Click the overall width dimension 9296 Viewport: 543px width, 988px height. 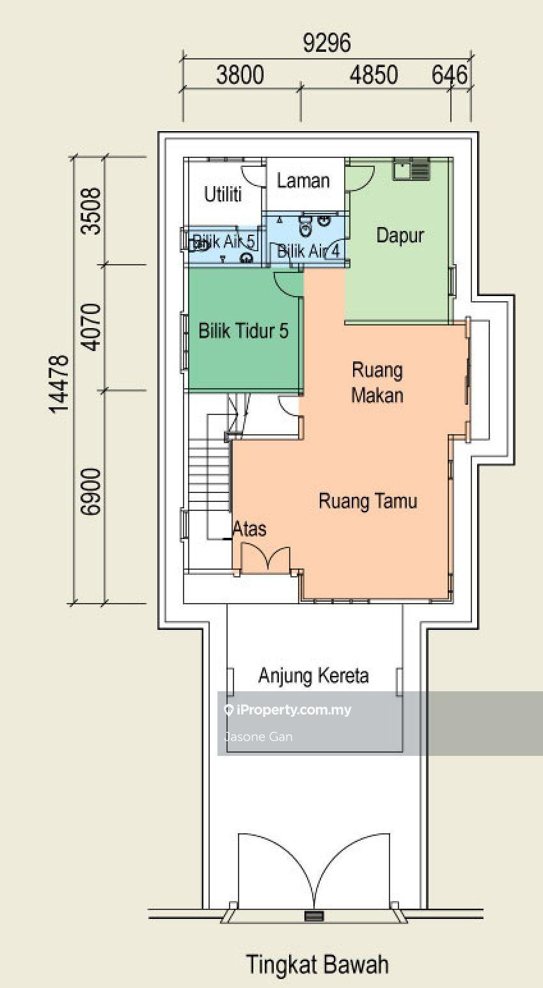coord(327,43)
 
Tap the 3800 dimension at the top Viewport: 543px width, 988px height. coord(240,75)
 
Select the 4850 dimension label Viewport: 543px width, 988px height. coord(374,75)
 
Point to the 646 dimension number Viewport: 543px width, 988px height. coord(450,75)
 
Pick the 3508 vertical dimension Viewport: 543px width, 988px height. coord(93,210)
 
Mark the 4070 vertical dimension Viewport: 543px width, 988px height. coord(93,327)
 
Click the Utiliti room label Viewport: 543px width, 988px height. coord(223,194)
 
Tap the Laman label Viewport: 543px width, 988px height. coord(303,181)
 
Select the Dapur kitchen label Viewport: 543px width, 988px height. coord(400,235)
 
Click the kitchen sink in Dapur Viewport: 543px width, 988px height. coord(412,169)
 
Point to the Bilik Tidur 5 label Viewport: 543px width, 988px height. coord(243,331)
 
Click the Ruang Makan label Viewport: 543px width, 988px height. coord(377,382)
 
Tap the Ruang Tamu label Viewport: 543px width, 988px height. coord(368,501)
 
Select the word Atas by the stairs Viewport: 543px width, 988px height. coord(249,529)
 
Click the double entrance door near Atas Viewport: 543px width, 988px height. coord(265,558)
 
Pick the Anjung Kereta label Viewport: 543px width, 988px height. coord(313,676)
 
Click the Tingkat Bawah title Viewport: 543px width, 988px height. coord(318,964)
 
